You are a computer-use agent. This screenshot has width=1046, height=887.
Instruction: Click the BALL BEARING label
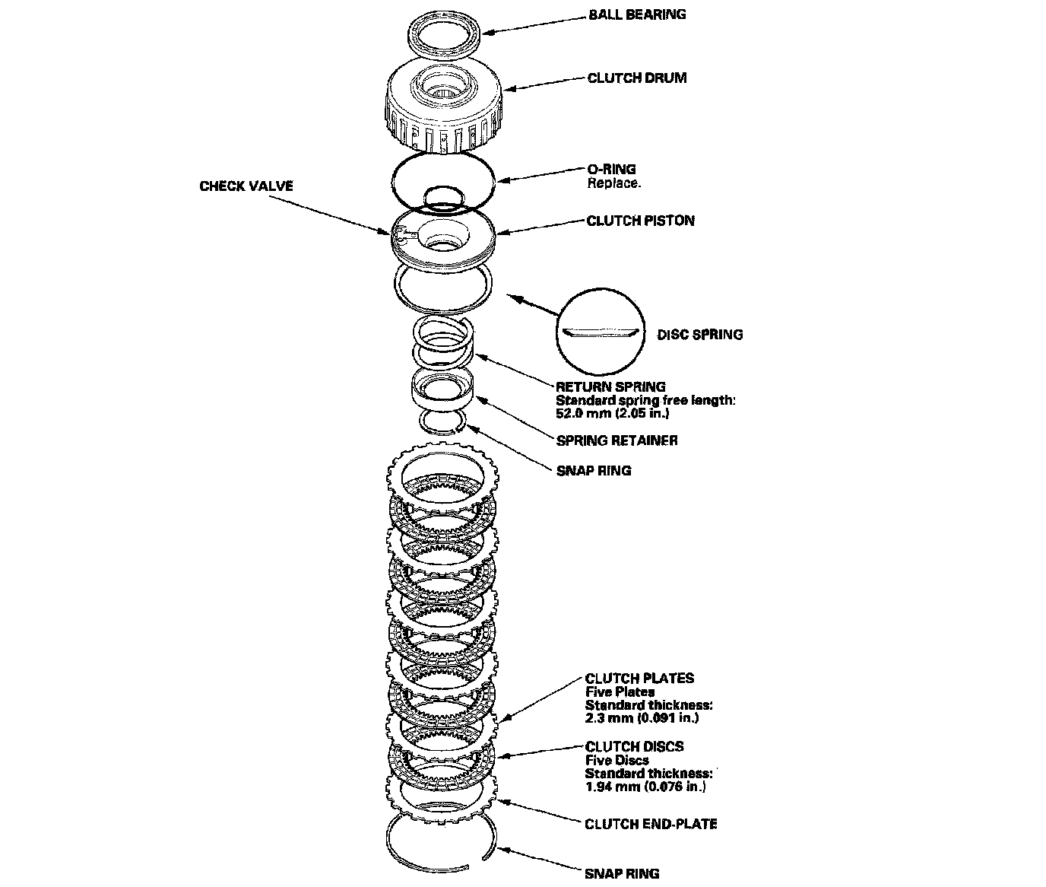point(636,14)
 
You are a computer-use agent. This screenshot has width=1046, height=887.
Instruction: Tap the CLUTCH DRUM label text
point(636,78)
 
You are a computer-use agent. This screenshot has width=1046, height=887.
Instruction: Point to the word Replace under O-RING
point(613,183)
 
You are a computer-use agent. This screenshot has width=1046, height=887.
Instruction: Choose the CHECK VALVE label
point(246,186)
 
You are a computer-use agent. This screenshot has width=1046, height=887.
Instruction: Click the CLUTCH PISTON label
point(640,221)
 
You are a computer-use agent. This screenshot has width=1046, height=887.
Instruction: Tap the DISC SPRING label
point(699,334)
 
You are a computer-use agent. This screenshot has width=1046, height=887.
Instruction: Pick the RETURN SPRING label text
point(610,386)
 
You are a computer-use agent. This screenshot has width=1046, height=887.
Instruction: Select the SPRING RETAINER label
point(617,440)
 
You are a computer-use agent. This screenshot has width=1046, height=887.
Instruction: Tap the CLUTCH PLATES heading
point(639,679)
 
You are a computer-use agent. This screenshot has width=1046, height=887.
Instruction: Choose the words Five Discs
point(617,759)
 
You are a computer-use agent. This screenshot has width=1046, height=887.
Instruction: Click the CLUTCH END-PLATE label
point(651,824)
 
